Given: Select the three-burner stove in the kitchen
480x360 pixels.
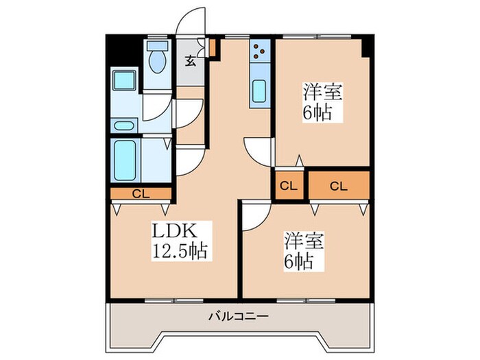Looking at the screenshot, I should point(261,51).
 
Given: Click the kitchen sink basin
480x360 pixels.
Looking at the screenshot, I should point(261,91).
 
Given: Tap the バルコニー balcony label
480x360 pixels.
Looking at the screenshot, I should point(239,317).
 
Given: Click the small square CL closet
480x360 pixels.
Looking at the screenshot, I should point(289,185).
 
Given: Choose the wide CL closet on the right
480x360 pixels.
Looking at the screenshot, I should point(339,185).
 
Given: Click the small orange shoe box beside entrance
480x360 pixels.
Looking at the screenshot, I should point(213,48).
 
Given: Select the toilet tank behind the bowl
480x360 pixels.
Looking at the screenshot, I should point(158,47).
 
